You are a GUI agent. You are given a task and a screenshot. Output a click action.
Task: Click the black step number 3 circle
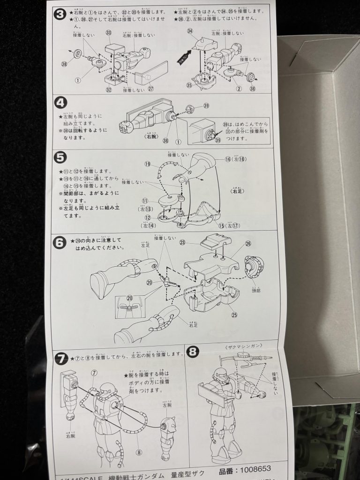60,14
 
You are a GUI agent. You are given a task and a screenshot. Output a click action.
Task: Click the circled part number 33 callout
109,33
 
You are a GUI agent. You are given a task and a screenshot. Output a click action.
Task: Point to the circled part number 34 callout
190,31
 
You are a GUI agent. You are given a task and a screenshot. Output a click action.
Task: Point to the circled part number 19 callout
147,165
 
